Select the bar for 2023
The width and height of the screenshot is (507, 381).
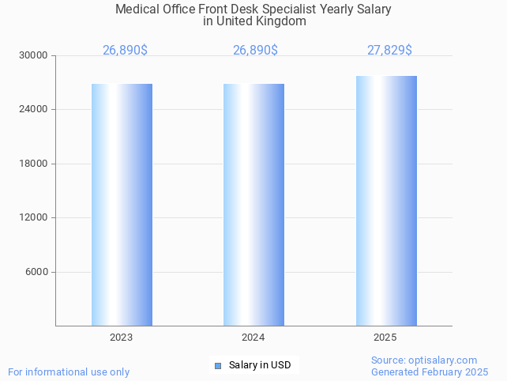coord(122,205)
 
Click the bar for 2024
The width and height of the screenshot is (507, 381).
coord(253,205)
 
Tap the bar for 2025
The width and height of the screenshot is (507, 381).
coord(386,201)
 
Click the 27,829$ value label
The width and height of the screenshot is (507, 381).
coord(389,51)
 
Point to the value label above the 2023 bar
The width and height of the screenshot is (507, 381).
coord(125,51)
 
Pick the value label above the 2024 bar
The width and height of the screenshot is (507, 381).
coord(255,51)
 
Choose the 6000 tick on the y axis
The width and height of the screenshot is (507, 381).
coord(37,272)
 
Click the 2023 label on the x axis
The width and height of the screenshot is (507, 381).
coord(121,338)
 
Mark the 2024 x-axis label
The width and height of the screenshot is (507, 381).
coord(253,338)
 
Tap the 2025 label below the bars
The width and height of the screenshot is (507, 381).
coord(385,338)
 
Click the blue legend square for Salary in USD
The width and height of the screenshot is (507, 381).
coord(218,365)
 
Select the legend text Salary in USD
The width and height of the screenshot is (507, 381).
coord(260,365)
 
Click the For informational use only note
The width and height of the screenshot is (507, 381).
coord(69,372)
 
